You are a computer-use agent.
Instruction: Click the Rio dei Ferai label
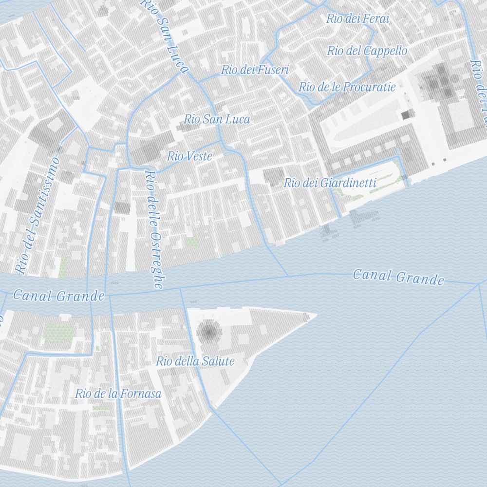click(358, 19)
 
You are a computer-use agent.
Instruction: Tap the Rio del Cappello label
click(367, 51)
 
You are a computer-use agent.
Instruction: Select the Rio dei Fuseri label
click(255, 70)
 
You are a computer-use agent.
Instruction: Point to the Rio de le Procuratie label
click(347, 87)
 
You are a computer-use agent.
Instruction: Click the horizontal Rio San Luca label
click(217, 119)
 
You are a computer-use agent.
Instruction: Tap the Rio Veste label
click(189, 156)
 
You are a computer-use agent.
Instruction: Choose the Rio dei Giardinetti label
click(330, 183)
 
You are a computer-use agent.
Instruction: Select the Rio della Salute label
click(195, 361)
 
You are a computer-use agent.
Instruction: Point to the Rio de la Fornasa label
click(118, 393)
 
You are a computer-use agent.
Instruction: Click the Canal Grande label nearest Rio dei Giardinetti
click(398, 277)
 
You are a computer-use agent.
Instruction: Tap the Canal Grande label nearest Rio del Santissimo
click(58, 295)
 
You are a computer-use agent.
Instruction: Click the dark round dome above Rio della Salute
click(209, 332)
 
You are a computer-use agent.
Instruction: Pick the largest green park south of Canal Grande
click(59, 333)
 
